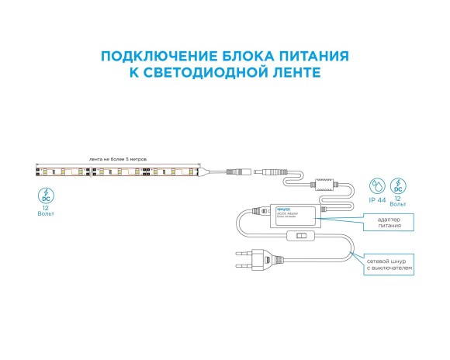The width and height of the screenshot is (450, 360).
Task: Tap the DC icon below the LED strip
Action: point(47,194)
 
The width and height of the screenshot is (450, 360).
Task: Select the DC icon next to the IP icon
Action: point(399,186)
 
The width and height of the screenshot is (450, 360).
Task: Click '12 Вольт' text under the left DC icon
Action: point(47,212)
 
